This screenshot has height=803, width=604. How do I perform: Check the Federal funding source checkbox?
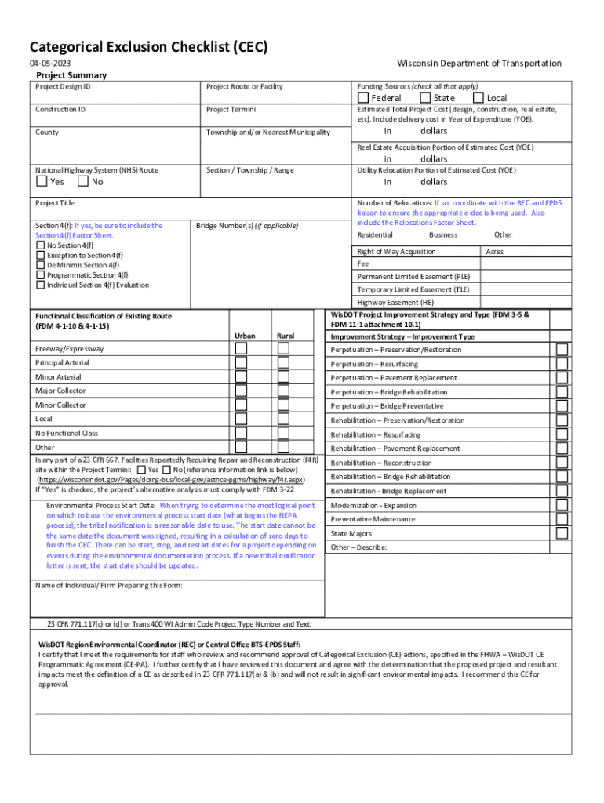coord(362,98)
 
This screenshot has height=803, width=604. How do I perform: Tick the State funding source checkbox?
coord(425,98)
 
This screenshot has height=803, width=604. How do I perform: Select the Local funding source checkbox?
coord(478,98)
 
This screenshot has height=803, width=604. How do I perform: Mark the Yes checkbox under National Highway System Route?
coord(42,182)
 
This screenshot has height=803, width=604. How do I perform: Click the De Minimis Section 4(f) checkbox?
coord(41,266)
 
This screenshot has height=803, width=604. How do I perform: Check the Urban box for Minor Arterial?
coord(241,376)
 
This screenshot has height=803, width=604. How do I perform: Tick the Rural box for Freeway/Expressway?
coord(284,349)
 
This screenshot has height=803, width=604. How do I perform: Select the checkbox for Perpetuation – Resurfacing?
coord(562,364)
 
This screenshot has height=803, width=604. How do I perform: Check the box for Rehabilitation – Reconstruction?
coord(562,463)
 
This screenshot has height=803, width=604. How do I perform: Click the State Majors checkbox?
coord(562,533)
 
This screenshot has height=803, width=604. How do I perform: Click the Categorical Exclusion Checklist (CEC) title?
coord(148,47)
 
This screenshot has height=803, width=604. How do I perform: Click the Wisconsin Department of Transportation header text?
coord(479,64)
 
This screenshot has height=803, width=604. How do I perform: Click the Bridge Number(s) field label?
coord(247,226)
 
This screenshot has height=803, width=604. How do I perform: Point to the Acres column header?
coord(495,252)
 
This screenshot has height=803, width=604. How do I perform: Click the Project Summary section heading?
coord(71,75)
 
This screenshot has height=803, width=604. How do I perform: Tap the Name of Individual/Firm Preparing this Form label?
coord(108,584)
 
